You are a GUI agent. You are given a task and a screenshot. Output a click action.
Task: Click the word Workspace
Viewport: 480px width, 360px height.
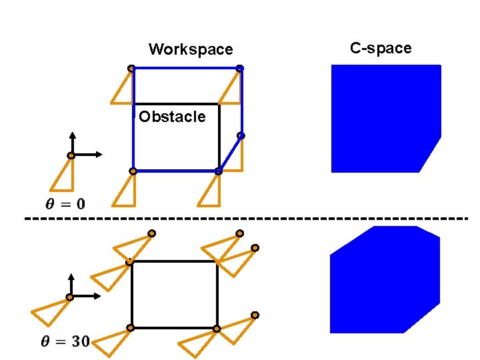[x=191, y=49]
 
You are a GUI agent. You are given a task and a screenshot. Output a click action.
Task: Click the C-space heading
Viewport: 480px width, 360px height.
[x=381, y=48]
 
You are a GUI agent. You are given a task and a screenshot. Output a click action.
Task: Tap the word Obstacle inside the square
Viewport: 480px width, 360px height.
[x=172, y=117]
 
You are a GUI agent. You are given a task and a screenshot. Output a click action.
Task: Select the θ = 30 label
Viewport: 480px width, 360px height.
[x=65, y=342]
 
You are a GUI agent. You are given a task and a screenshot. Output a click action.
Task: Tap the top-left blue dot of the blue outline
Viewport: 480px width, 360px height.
[x=132, y=68]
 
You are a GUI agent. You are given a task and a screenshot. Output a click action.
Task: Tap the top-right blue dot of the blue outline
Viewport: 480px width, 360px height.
[x=240, y=68]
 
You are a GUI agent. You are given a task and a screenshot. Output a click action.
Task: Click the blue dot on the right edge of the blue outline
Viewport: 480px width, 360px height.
[x=241, y=136]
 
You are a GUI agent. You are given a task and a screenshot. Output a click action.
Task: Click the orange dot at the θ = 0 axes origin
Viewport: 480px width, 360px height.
[x=71, y=156]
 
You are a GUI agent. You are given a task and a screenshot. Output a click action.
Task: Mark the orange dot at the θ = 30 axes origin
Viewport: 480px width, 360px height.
[x=69, y=297]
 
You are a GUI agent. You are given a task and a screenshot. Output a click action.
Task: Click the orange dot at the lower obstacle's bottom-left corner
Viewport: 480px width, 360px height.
[x=131, y=328]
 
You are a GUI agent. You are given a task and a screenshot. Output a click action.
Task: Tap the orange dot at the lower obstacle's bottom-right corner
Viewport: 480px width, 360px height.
[x=217, y=329]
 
